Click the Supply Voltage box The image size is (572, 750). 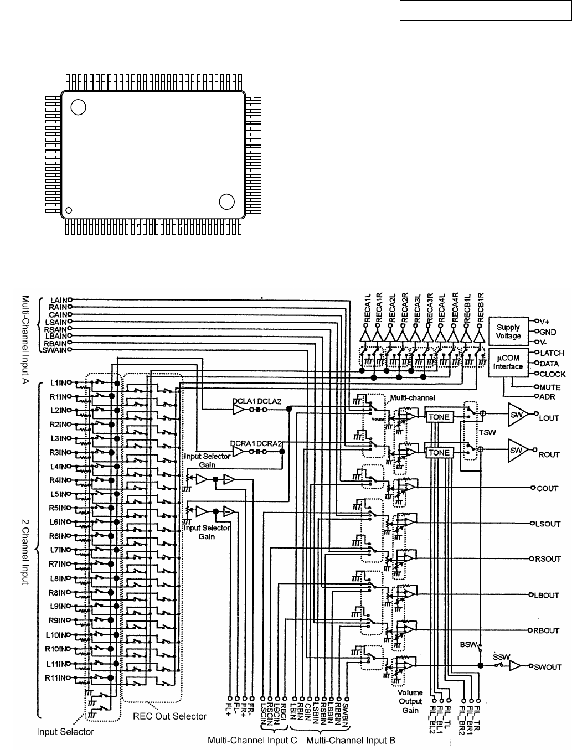pos(508,332)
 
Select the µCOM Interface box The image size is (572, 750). pos(508,363)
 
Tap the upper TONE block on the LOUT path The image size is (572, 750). pos(439,416)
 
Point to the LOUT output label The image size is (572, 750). pos(549,418)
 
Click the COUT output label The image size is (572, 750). pos(547,489)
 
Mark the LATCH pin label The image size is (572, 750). pos(552,353)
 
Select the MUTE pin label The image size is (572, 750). pos(550,387)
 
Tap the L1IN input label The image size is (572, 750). pos(58,382)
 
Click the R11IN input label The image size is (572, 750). pos(57,677)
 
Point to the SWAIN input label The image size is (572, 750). pos(55,350)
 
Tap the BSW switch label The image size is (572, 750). pos(468,645)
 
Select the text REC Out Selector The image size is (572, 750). pos(169,716)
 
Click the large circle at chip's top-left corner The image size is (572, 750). pos(79,107)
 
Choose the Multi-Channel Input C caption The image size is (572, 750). pos(252,740)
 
